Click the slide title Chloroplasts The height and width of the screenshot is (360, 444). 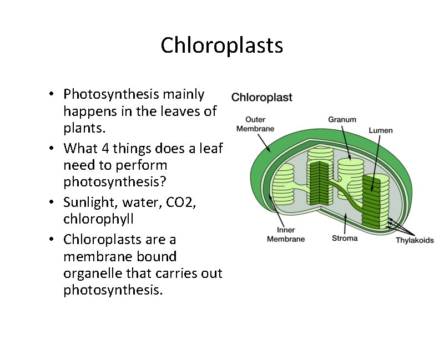coord(221,45)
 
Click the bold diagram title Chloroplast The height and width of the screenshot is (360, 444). coord(261,98)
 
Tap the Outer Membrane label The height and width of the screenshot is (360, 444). coord(255,124)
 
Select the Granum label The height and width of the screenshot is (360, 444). coord(342,119)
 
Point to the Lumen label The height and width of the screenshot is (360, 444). coord(381,130)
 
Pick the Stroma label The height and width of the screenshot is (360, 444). coord(345,239)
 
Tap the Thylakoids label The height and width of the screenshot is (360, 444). coord(415,240)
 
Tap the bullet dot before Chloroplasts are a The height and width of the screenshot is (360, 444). coord(51,240)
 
